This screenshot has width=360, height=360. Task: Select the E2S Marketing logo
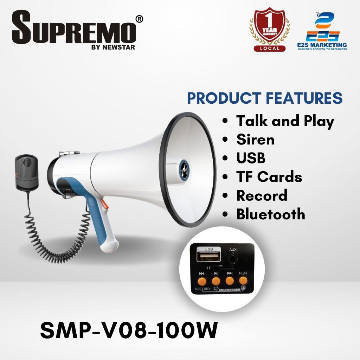(x=325, y=32)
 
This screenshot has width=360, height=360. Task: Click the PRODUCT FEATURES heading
(x=265, y=98)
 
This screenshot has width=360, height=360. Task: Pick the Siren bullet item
(x=255, y=140)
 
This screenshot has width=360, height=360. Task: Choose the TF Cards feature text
(x=269, y=177)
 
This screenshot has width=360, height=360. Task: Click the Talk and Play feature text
(x=285, y=121)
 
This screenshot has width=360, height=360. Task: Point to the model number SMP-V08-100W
(x=129, y=331)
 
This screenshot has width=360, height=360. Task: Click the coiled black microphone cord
(x=53, y=232)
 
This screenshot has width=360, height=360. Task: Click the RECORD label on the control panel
(x=202, y=289)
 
